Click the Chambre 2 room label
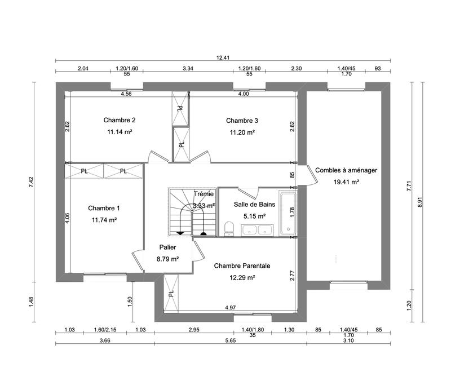tap(119, 120)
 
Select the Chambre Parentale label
tap(242, 265)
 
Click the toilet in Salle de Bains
tap(229, 228)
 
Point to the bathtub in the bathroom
tap(288, 213)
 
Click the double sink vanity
tap(257, 229)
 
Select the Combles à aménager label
tap(346, 170)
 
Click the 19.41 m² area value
tap(346, 182)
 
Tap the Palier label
tap(167, 247)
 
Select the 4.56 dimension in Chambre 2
tap(126, 94)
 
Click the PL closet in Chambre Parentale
tap(171, 293)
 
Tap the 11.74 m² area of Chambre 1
tap(104, 220)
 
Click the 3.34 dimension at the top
tap(188, 68)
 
